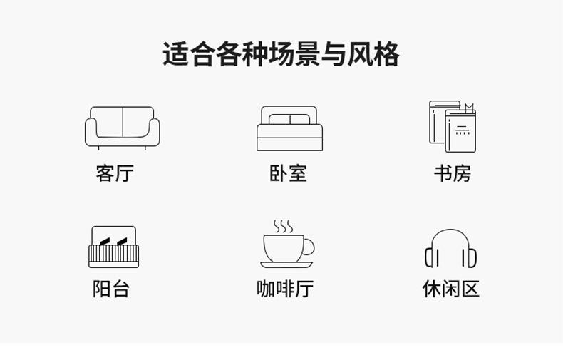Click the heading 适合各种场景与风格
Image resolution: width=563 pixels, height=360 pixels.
point(281,55)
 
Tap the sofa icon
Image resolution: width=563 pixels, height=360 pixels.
point(122,128)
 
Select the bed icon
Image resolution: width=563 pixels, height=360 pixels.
point(289,128)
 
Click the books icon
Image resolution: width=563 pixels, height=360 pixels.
point(452,126)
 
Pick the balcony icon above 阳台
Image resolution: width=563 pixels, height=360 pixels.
point(113,247)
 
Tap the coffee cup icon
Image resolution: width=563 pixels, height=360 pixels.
point(288,244)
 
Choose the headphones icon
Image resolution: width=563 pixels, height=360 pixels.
point(450,248)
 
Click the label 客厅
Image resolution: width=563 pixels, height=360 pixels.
point(115,173)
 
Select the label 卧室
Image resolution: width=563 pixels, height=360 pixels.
point(288,173)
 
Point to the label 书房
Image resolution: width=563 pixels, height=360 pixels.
point(452,173)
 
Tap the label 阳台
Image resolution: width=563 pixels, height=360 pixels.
point(111,289)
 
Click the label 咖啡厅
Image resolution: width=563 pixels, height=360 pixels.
point(285,289)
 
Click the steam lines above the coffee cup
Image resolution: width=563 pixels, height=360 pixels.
point(283,226)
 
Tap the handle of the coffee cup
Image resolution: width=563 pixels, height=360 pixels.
point(309,248)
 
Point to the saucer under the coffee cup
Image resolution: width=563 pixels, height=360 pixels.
point(287,265)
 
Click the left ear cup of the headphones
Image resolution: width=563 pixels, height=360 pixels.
point(430,257)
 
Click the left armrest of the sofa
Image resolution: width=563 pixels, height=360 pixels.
point(91,132)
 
